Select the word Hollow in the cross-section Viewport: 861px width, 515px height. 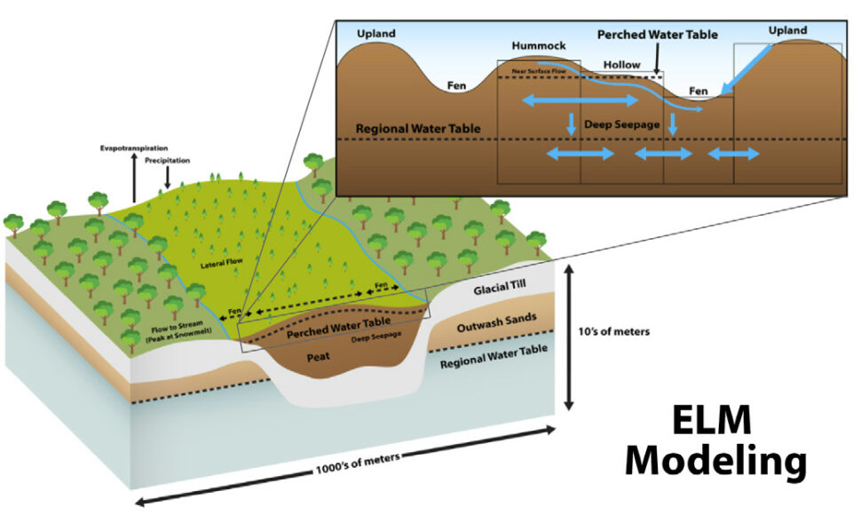pyautogui.click(x=621, y=65)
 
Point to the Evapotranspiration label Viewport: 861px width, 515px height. pyautogui.click(x=133, y=147)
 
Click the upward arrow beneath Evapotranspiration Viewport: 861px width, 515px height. pyautogui.click(x=134, y=178)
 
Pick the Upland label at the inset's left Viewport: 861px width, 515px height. pyautogui.click(x=375, y=34)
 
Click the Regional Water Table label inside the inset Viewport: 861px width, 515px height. pyautogui.click(x=418, y=129)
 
